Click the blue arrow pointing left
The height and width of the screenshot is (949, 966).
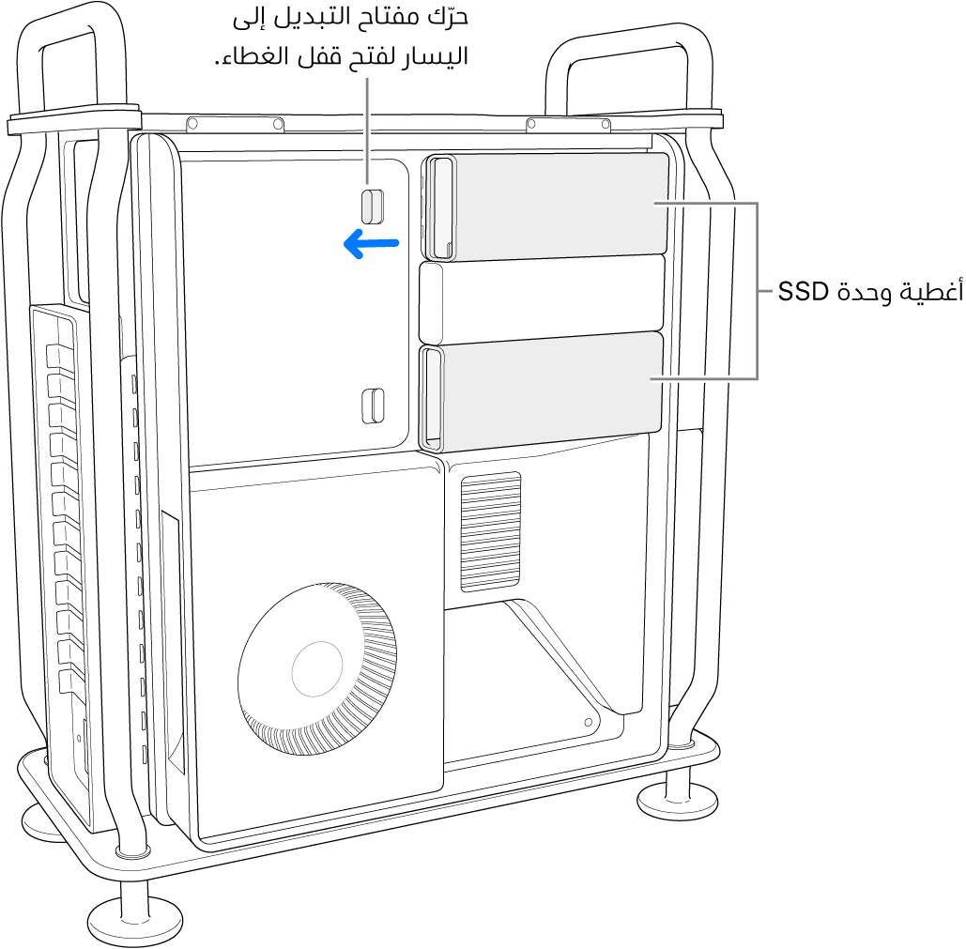click(x=372, y=245)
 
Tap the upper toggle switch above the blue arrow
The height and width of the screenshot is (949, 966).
click(x=373, y=205)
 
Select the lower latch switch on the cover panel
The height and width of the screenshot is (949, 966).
click(x=373, y=404)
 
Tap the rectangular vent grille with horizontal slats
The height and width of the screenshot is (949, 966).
click(x=491, y=531)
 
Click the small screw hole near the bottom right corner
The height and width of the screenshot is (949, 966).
click(x=588, y=723)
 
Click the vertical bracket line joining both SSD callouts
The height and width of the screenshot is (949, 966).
click(x=757, y=291)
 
